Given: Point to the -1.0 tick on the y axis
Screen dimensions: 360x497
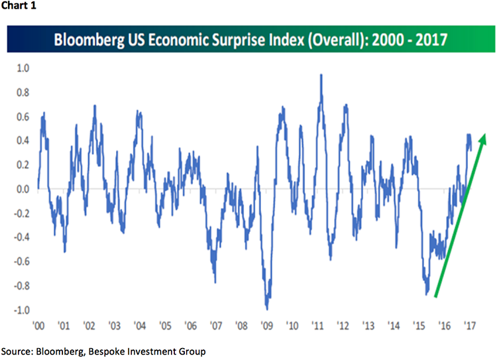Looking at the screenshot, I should click(20, 310).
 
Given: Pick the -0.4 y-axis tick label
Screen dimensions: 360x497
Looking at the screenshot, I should click(20, 237).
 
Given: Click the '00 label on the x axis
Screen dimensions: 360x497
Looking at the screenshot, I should click(38, 327).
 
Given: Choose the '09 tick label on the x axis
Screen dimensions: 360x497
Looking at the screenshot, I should click(266, 327).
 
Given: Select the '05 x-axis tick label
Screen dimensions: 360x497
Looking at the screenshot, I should click(165, 327).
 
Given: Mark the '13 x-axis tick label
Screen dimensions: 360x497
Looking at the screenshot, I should click(368, 327).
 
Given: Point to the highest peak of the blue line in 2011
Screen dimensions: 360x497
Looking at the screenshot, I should click(321, 75).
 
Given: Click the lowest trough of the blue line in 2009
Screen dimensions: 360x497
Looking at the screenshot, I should click(267, 309).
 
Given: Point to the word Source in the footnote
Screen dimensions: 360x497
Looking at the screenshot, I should click(18, 349).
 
